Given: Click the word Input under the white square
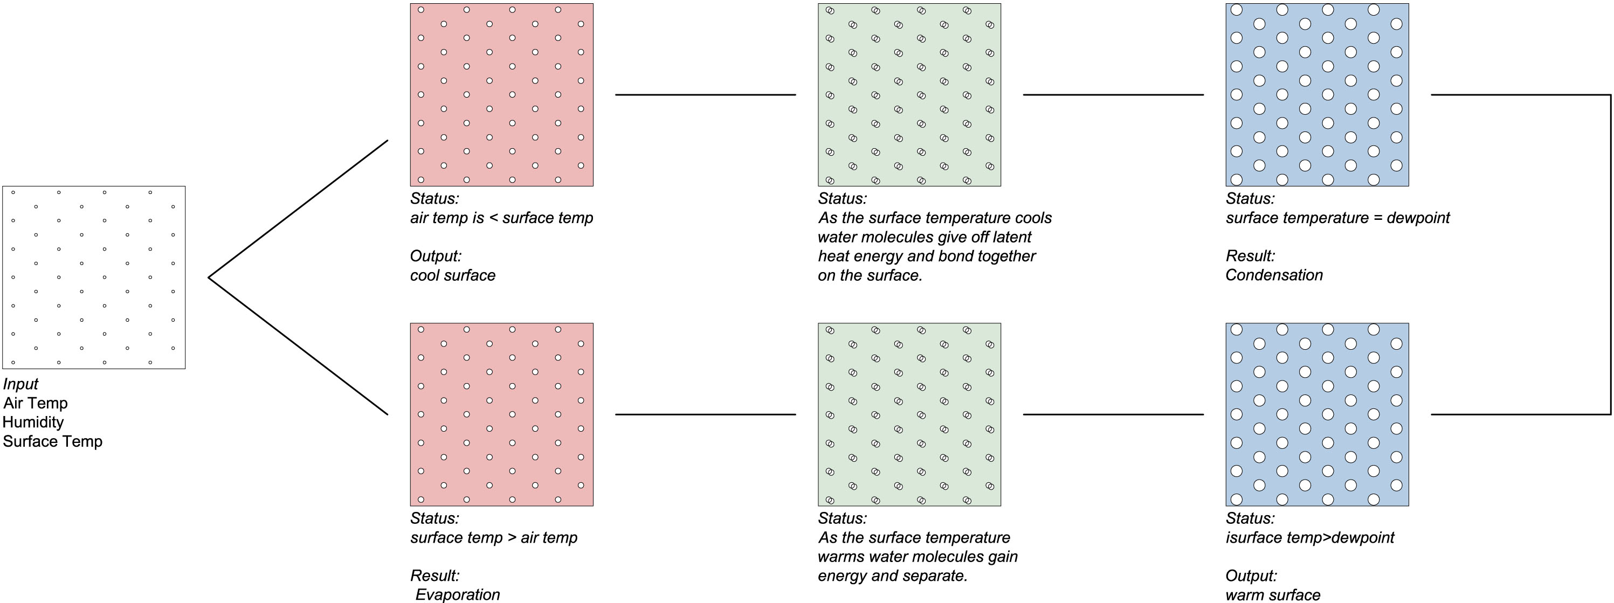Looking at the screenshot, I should click(20, 384).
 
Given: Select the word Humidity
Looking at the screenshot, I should click(33, 422).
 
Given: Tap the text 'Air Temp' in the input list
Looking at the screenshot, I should click(35, 403).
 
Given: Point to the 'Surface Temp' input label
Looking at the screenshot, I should click(53, 441).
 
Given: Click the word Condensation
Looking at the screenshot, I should click(1274, 275).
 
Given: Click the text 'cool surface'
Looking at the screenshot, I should click(452, 275).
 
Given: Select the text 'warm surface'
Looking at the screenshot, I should click(1273, 595).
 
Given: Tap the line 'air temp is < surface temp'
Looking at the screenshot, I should click(501, 218).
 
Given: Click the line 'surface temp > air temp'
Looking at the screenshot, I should click(494, 538).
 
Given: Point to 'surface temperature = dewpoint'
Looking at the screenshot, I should click(1337, 218).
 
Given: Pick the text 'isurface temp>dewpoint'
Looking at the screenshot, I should click(1309, 538).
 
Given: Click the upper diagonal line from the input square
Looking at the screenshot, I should click(298, 209).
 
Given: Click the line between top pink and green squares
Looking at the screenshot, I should click(706, 94).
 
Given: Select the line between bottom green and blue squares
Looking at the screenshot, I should click(1113, 414).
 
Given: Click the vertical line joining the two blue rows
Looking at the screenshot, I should click(1610, 254).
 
